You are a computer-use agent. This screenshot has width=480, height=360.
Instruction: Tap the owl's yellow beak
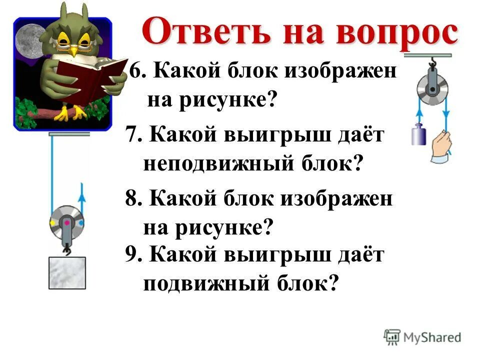tap(74, 50)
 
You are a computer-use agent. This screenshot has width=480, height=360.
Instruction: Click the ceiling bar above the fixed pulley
tap(428, 55)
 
